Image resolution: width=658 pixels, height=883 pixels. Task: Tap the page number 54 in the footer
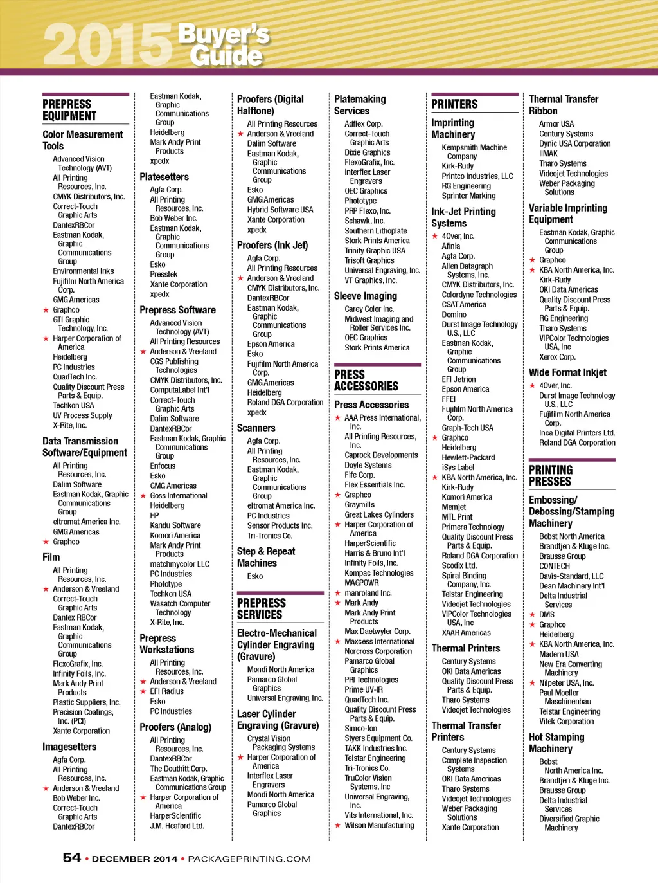[72, 858]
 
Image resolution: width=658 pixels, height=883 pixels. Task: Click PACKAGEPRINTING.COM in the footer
[249, 859]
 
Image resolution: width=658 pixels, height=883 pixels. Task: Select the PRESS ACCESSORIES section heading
[366, 380]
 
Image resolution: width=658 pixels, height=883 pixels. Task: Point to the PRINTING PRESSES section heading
[551, 475]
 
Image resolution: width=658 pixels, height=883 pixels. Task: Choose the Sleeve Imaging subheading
[366, 296]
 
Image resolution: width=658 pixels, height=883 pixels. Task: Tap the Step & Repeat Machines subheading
[266, 557]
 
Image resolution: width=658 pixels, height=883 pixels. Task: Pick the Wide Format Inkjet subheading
[567, 372]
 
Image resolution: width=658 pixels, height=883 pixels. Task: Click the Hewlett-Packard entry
[468, 457]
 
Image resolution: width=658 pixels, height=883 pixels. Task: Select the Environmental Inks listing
[84, 271]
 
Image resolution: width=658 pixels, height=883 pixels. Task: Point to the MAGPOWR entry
[362, 583]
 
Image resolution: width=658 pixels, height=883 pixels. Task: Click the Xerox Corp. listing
[557, 357]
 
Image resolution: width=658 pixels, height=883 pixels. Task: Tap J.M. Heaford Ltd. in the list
[177, 826]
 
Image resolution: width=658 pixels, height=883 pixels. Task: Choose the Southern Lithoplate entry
[376, 231]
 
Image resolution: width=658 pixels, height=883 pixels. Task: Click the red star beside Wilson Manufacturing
[338, 826]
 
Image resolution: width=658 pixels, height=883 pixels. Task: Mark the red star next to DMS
[532, 615]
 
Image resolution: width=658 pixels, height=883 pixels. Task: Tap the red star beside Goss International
[143, 496]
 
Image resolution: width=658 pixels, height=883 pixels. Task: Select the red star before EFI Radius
[143, 691]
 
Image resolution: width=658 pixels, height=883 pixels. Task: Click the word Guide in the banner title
[227, 56]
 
